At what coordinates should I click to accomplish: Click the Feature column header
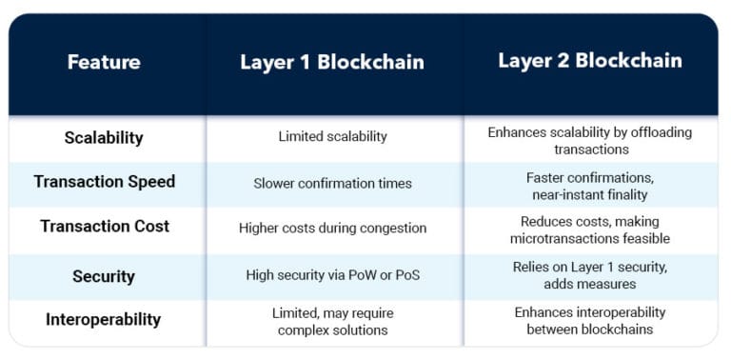104,63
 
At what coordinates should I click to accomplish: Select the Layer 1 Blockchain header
331,63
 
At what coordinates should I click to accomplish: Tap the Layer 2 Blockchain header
589,61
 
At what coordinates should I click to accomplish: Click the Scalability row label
104,137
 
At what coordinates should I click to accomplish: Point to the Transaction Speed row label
104,182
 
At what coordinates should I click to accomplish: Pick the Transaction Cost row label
105,227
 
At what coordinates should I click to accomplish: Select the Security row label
104,276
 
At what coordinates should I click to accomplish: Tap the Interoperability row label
104,320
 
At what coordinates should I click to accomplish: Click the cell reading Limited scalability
332,137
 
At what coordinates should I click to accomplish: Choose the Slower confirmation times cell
332,183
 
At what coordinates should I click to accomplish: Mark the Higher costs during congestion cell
332,229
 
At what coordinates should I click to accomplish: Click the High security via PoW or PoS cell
332,276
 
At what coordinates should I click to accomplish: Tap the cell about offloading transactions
589,141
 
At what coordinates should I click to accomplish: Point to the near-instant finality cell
589,186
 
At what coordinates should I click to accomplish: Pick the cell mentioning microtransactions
589,230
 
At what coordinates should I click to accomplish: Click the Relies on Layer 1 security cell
589,275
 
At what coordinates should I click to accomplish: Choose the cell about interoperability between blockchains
589,321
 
